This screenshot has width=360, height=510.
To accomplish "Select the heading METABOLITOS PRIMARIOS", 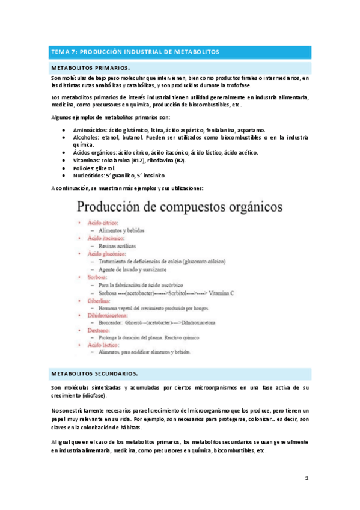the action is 91,69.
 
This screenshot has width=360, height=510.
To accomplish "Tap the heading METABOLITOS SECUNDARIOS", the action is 96,373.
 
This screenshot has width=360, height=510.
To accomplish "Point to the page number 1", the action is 306,479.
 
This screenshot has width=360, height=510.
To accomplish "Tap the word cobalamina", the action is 117,161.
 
